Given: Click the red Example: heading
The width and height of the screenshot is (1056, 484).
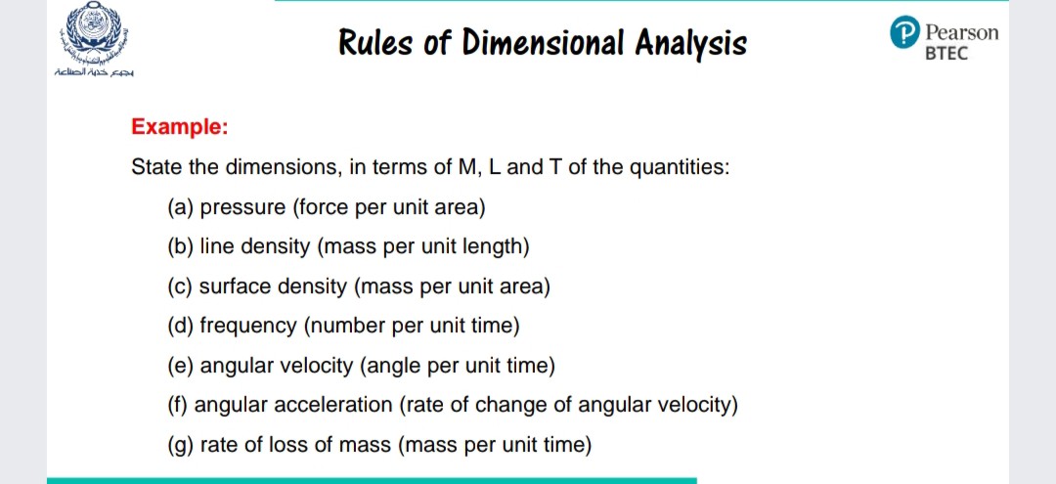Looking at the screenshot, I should pyautogui.click(x=180, y=127).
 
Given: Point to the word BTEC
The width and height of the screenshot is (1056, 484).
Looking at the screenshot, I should pyautogui.click(x=946, y=54).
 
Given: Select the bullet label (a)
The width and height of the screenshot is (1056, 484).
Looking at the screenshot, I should pyautogui.click(x=181, y=207).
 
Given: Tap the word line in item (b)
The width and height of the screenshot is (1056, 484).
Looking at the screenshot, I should pyautogui.click(x=216, y=246).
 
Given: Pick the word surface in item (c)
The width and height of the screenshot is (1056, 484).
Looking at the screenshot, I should pyautogui.click(x=234, y=286).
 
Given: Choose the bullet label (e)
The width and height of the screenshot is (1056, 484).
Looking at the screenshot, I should pyautogui.click(x=181, y=366).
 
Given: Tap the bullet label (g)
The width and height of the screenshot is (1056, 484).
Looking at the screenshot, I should pyautogui.click(x=181, y=446).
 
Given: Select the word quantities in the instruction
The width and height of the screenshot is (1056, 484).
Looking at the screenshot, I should pyautogui.click(x=679, y=167).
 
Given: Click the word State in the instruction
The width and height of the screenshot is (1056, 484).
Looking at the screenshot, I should pyautogui.click(x=156, y=167).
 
